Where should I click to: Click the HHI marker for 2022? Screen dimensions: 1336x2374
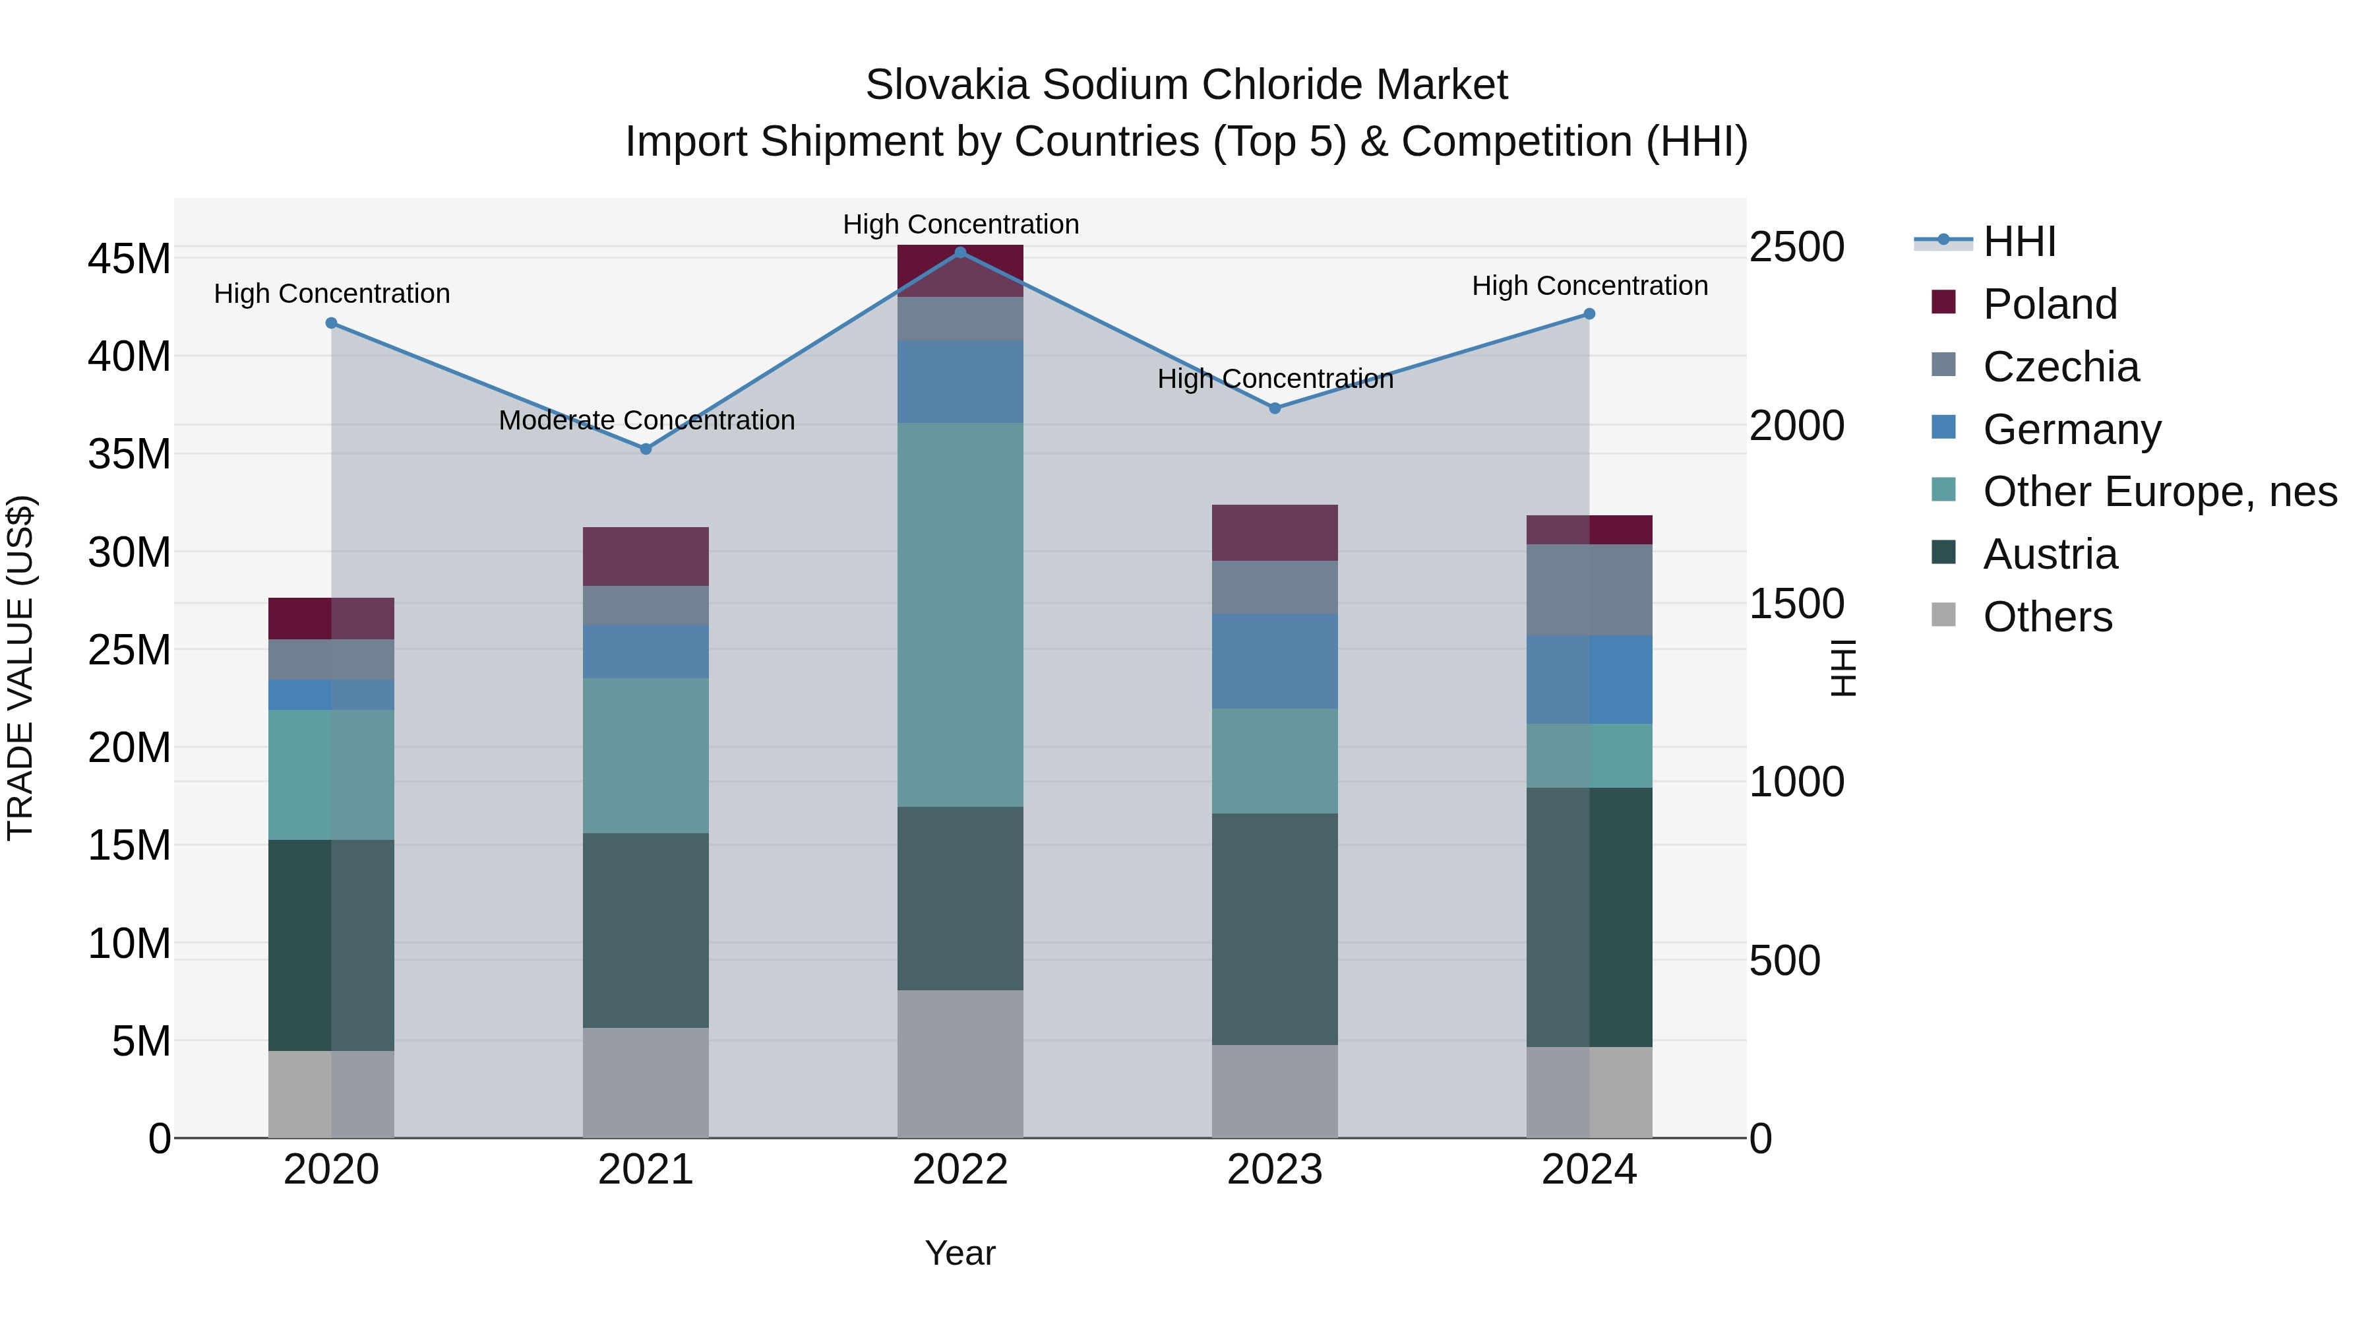(960, 253)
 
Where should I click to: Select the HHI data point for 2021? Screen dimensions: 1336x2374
(646, 449)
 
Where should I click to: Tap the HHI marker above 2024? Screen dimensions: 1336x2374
(1589, 315)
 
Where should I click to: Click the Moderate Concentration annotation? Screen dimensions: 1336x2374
(646, 420)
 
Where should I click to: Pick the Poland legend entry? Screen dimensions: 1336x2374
(2050, 304)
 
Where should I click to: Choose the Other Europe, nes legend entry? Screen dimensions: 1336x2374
(2159, 492)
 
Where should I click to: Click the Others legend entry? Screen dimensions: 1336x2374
(2047, 617)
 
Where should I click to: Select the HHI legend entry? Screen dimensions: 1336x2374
(2019, 241)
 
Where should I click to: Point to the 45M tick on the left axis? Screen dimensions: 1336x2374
(129, 259)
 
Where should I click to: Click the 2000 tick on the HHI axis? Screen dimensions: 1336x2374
(1796, 426)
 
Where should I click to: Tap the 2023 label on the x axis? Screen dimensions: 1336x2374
(1275, 1170)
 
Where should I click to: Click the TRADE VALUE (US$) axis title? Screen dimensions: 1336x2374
(21, 668)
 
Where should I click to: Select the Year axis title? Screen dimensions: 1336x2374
(960, 1253)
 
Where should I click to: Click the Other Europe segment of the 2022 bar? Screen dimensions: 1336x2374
(960, 615)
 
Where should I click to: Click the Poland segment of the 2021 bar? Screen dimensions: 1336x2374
(646, 557)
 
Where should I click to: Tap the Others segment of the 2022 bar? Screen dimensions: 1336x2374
(960, 1064)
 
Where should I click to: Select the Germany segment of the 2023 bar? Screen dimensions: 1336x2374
(1275, 661)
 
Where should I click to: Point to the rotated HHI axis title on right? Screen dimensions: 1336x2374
(1842, 668)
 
